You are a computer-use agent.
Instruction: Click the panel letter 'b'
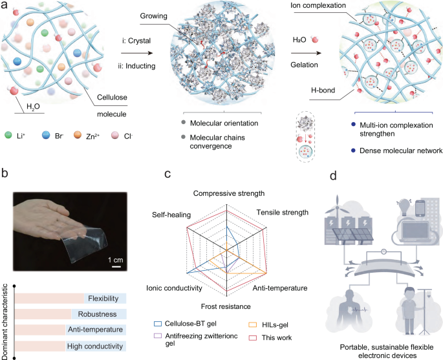pos(5,174)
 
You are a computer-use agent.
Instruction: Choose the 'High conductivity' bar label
pos(94,346)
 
